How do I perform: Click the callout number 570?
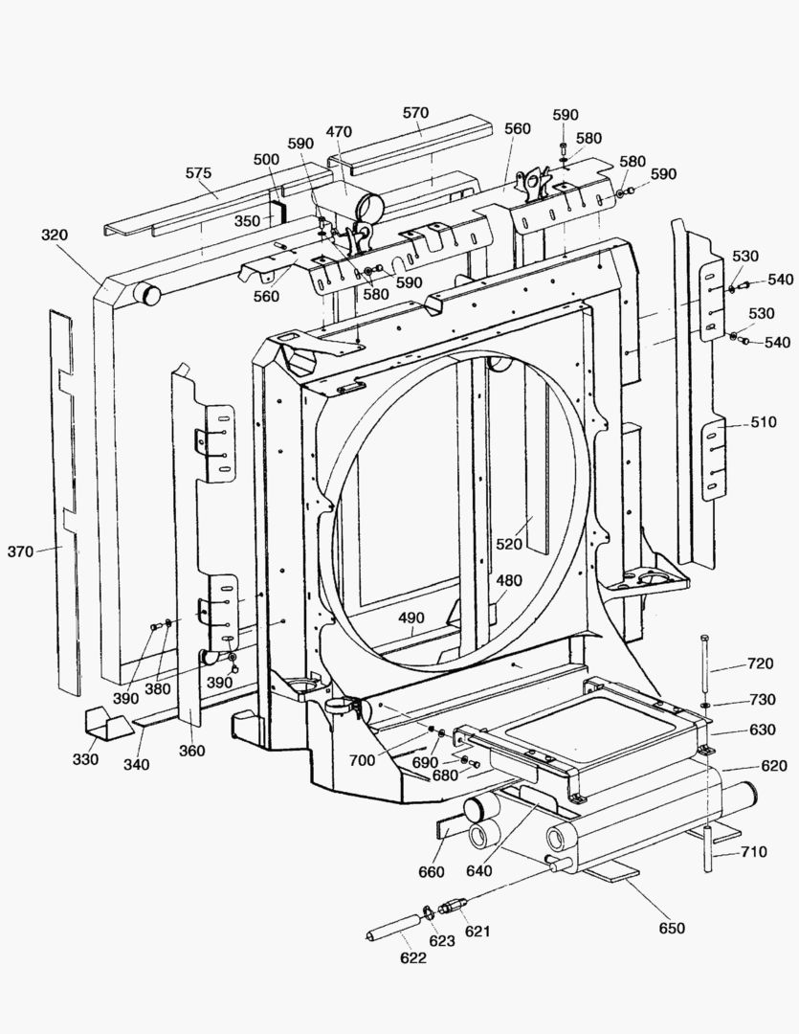click(x=415, y=112)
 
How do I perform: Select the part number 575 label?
click(x=198, y=173)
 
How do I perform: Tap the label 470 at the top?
click(x=339, y=131)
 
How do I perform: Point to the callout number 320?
click(x=55, y=235)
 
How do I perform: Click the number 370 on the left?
click(x=20, y=551)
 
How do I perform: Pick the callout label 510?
click(x=763, y=422)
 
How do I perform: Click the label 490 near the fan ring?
click(x=411, y=618)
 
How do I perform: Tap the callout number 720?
click(x=760, y=663)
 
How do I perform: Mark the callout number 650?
click(x=672, y=928)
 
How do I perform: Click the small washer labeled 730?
click(x=705, y=706)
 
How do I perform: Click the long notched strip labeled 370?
click(x=64, y=498)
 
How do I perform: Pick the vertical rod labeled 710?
click(x=707, y=846)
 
